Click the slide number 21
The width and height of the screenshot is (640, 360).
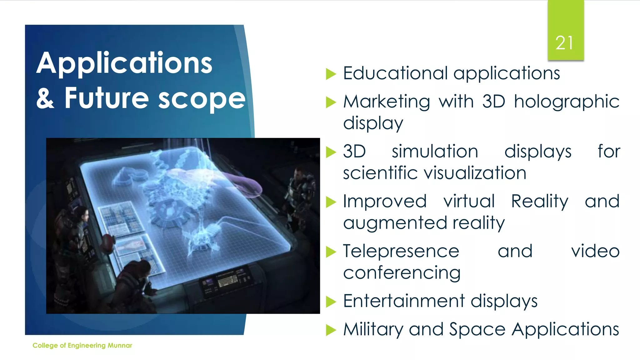(564, 43)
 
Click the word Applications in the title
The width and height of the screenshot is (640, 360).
(124, 63)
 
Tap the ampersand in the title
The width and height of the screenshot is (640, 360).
(46, 98)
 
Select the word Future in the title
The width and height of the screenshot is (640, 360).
(106, 98)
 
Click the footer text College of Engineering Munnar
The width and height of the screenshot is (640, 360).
(82, 345)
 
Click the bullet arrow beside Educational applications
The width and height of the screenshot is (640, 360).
(331, 74)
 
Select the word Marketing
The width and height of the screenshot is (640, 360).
(387, 102)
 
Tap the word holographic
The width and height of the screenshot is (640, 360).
(567, 102)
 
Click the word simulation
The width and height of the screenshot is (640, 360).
(435, 152)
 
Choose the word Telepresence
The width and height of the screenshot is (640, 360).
(401, 251)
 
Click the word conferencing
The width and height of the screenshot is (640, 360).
(402, 273)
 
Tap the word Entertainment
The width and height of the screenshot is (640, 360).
(404, 301)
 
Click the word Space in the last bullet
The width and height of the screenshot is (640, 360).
(477, 330)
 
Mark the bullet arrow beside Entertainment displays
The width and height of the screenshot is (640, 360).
(331, 302)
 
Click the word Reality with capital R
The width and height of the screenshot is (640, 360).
(540, 201)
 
